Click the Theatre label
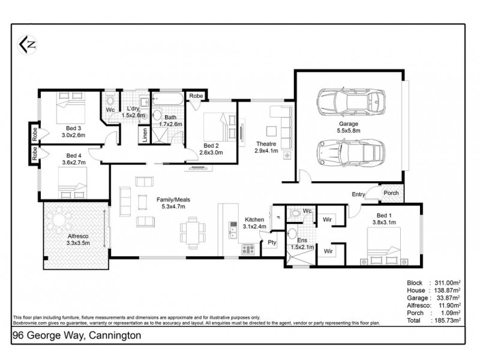[x=266, y=144]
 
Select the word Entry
[x=359, y=194]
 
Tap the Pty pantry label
[x=272, y=242]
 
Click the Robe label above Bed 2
[x=196, y=96]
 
